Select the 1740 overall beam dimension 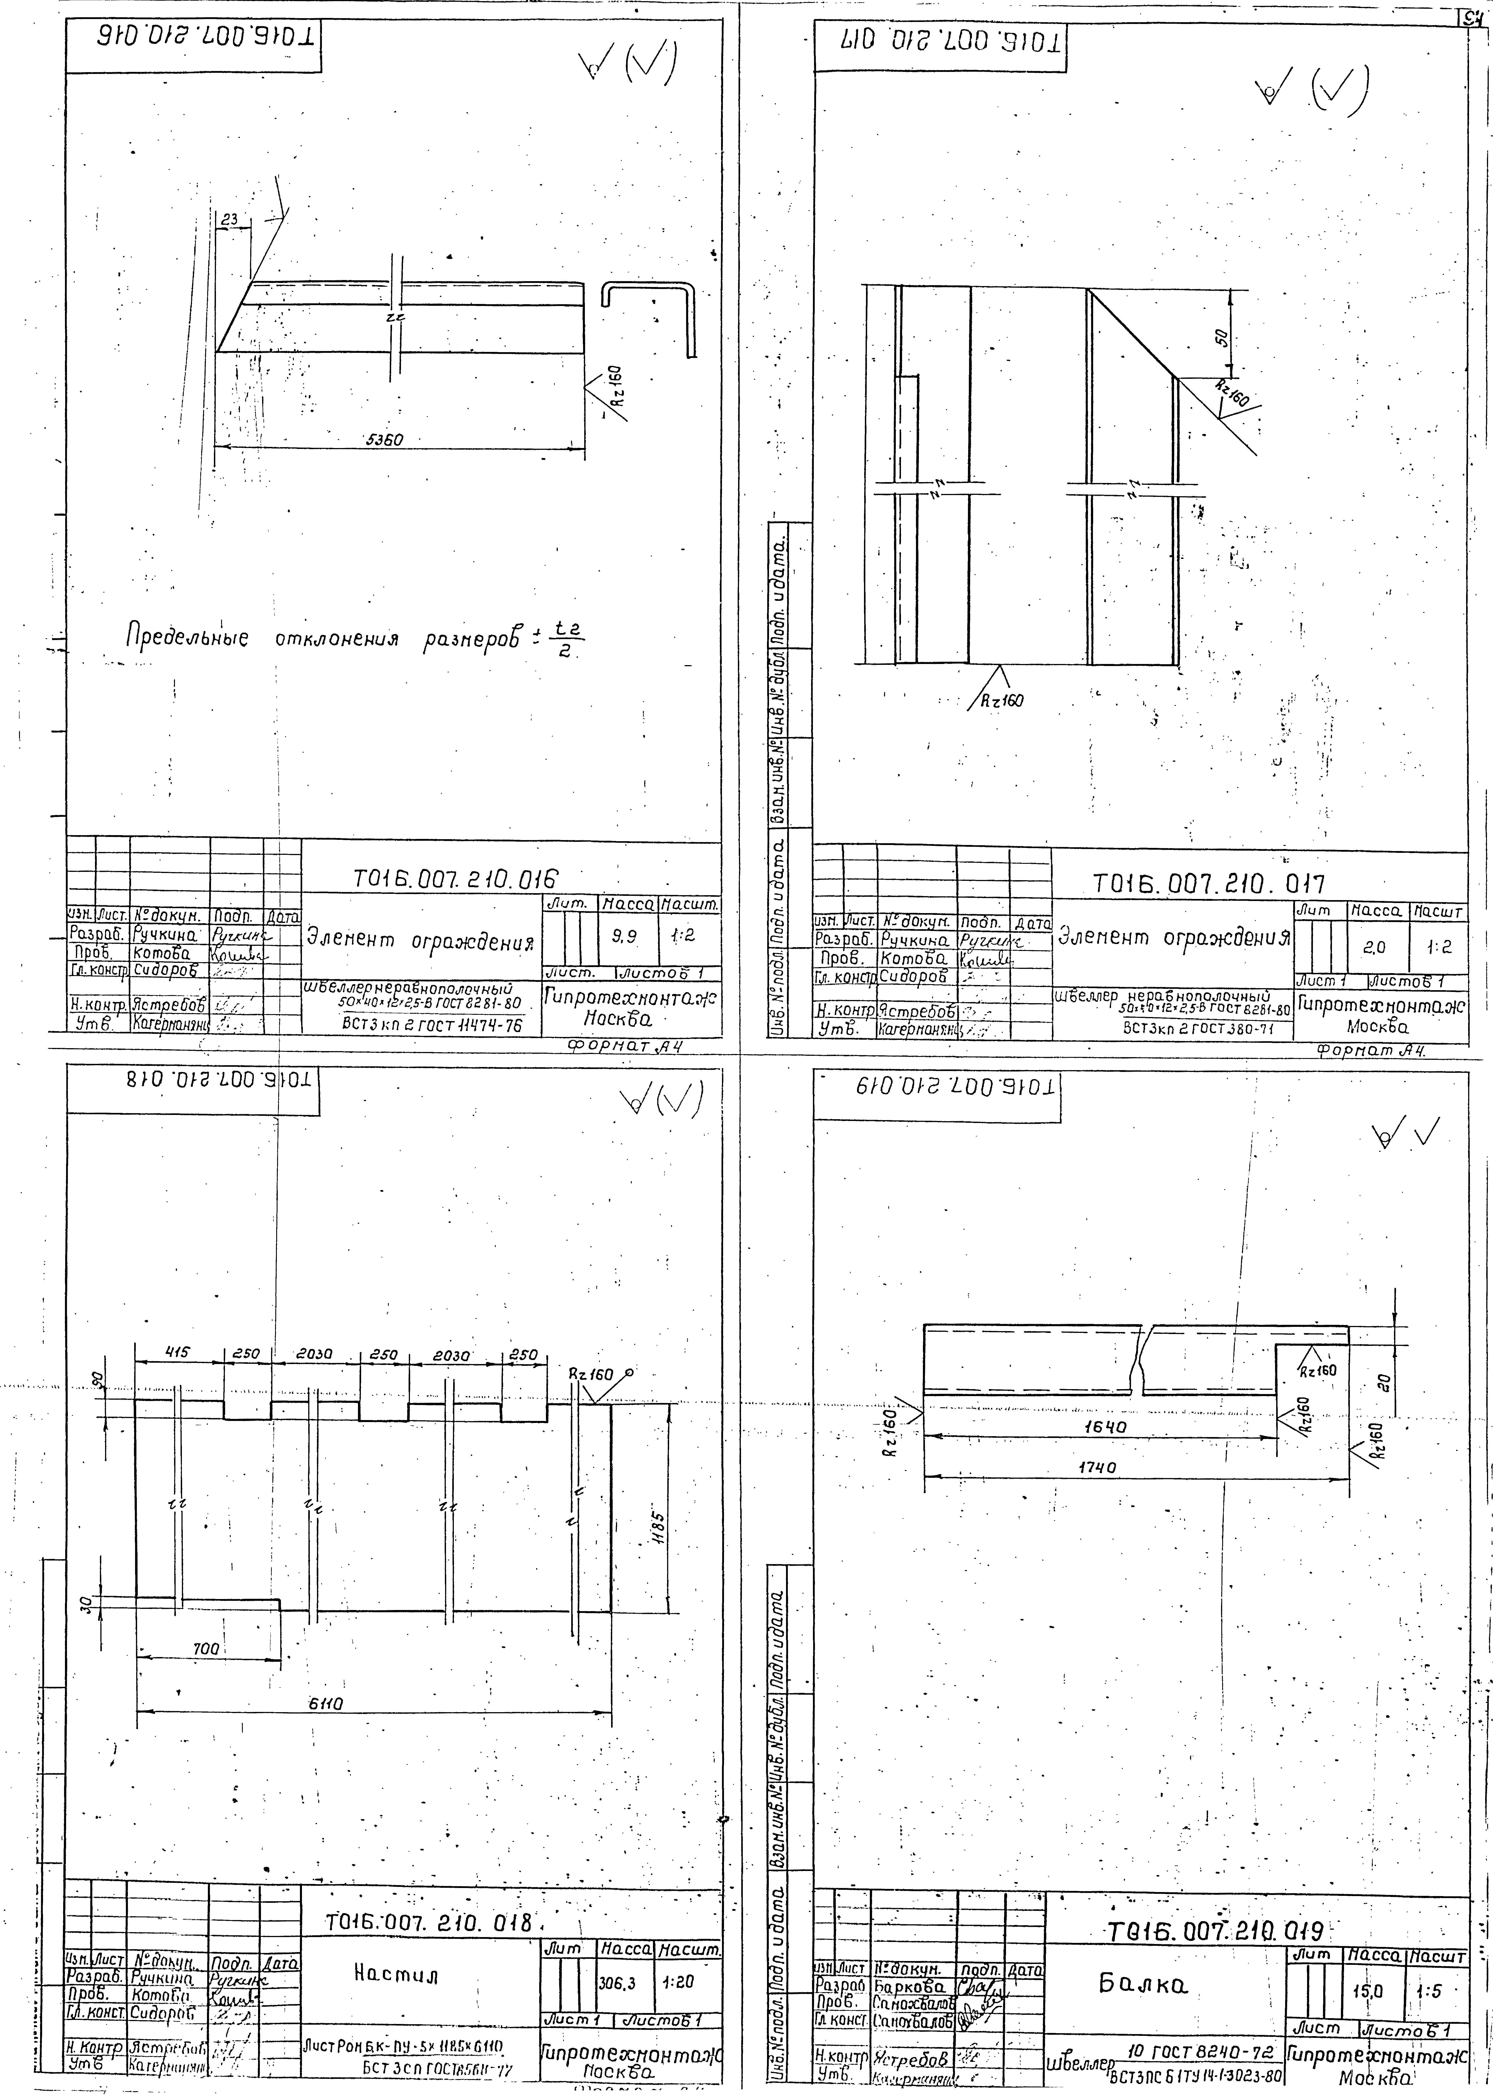[1098, 1468]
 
